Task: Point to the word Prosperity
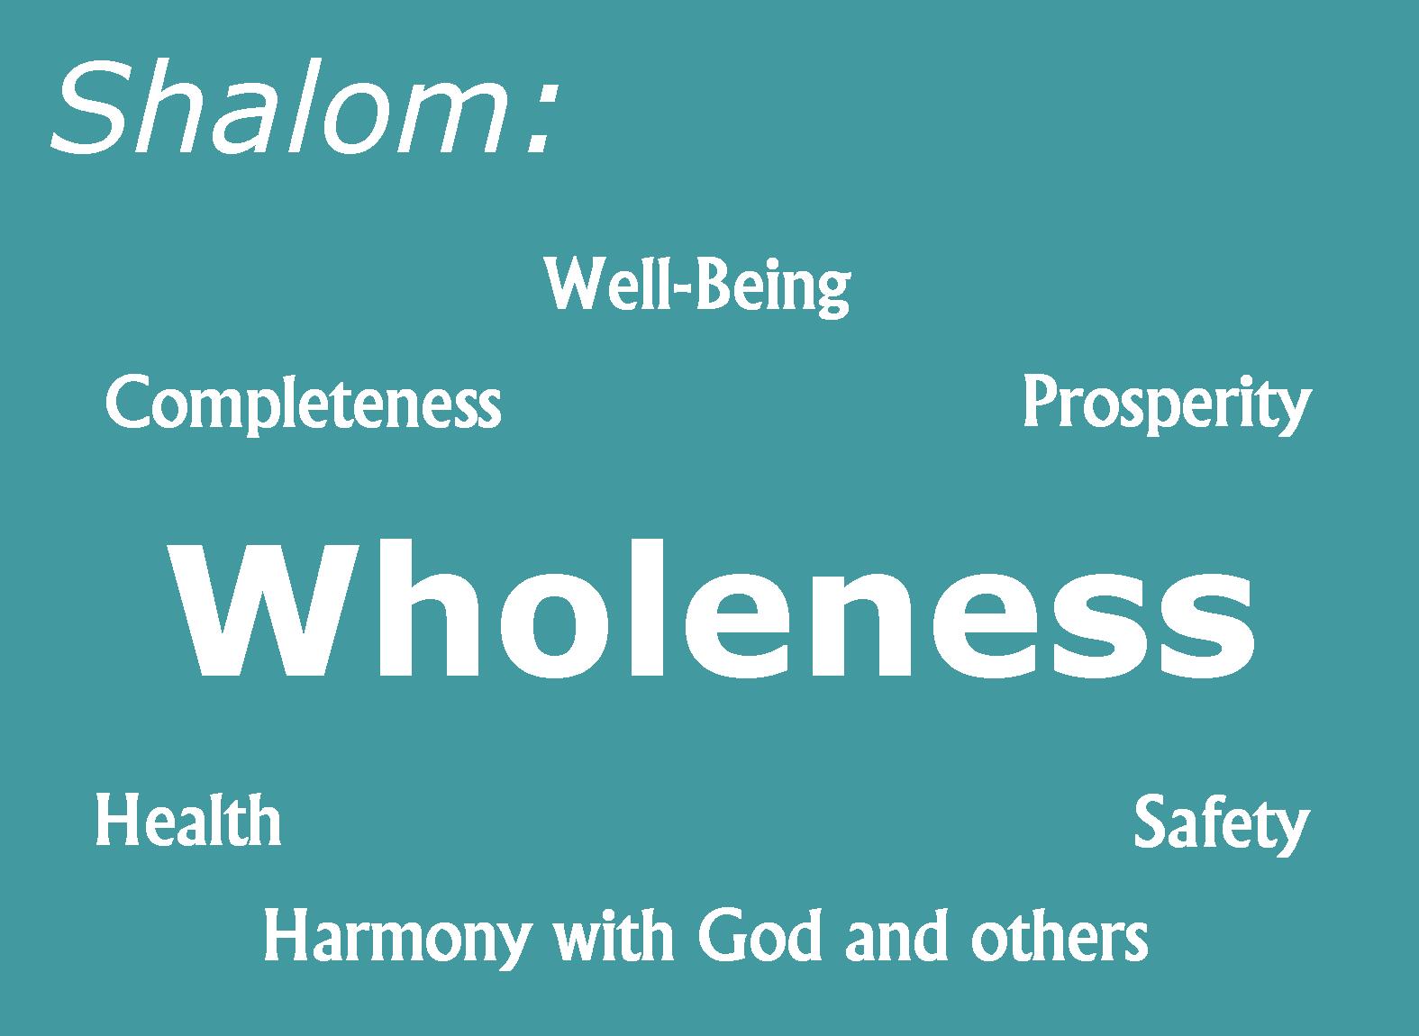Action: pyautogui.click(x=1167, y=404)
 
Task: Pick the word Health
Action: pyautogui.click(x=188, y=821)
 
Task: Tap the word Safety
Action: pyautogui.click(x=1222, y=824)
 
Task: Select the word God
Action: pyautogui.click(x=760, y=936)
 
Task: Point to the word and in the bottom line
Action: pyautogui.click(x=896, y=935)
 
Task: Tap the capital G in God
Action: pyautogui.click(x=722, y=935)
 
